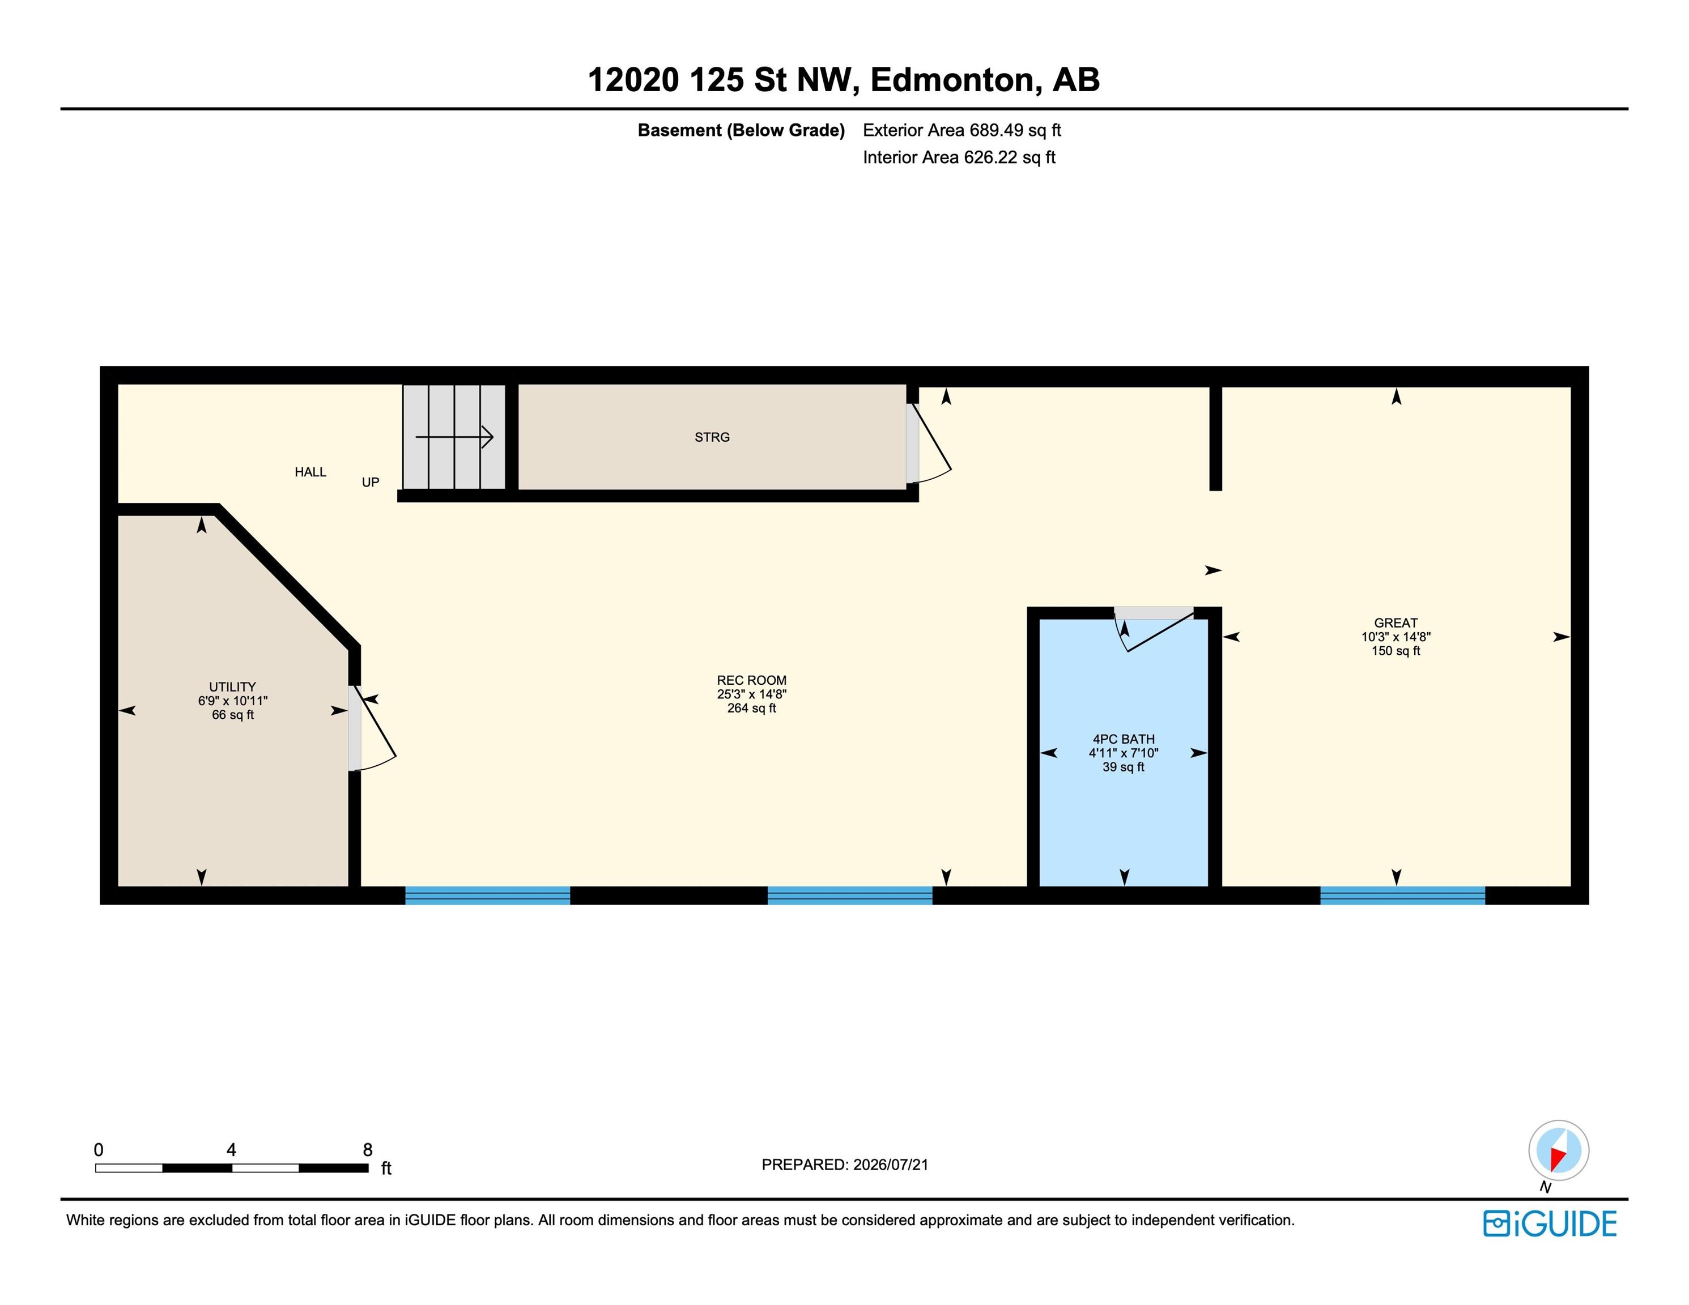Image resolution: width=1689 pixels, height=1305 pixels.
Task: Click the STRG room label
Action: tap(712, 438)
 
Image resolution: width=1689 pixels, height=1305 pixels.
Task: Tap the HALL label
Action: tap(310, 472)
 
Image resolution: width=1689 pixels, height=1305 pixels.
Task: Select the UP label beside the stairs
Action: tap(371, 483)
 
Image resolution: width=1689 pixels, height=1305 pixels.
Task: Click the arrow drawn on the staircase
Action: tap(455, 438)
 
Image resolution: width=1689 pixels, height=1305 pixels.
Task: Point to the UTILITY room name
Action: tap(232, 686)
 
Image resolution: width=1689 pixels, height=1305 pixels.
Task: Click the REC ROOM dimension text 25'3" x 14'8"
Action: tap(751, 694)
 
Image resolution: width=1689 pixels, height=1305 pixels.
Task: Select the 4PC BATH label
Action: tap(1123, 739)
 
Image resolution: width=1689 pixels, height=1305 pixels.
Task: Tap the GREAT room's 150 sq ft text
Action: tap(1396, 651)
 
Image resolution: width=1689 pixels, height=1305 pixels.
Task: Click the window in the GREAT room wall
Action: tap(1402, 895)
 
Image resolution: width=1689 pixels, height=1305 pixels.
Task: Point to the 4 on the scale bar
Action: tap(231, 1150)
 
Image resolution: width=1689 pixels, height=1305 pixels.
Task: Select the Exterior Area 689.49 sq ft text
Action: tap(962, 131)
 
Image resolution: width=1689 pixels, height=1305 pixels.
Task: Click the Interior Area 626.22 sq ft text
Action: tap(959, 157)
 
